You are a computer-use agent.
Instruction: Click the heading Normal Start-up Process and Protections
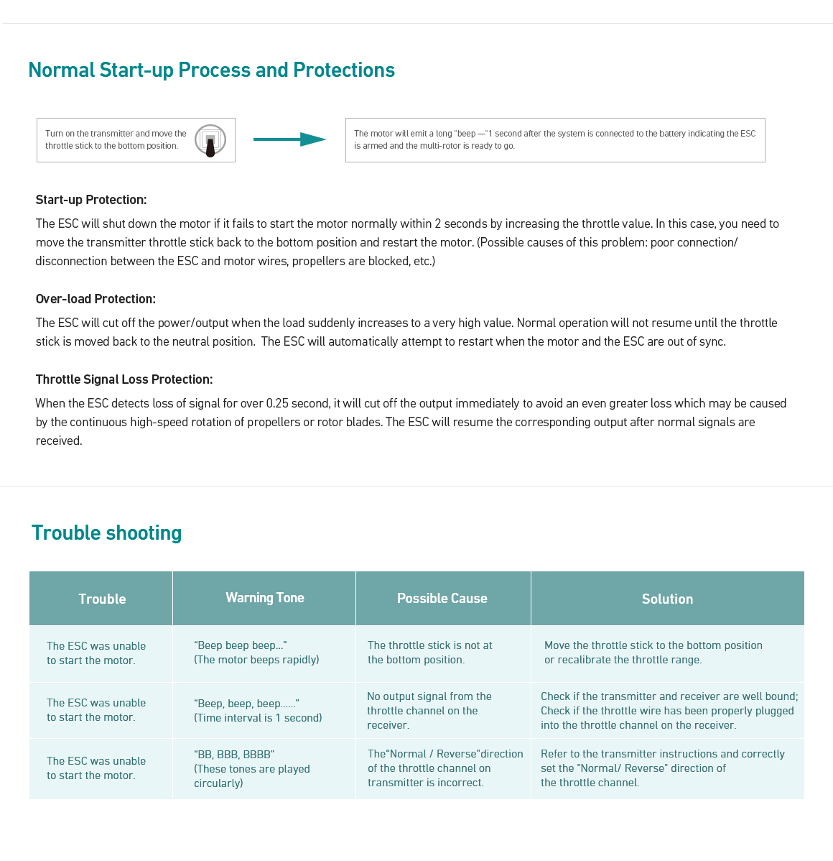click(x=211, y=70)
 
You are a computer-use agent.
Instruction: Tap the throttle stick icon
click(x=210, y=140)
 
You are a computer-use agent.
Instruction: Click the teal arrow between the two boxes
click(x=289, y=139)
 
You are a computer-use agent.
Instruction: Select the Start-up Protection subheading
click(x=91, y=200)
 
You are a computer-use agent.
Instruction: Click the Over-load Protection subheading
click(x=96, y=299)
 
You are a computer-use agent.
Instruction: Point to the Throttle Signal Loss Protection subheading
click(x=124, y=379)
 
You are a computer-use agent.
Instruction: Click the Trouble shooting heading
click(x=106, y=533)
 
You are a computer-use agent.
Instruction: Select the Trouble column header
click(x=102, y=599)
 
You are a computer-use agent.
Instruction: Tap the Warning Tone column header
click(x=264, y=598)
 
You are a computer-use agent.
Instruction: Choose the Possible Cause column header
click(x=442, y=599)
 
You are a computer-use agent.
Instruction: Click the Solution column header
click(x=667, y=599)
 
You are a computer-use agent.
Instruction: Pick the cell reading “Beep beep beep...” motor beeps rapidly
click(x=256, y=653)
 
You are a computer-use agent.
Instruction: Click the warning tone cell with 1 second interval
click(x=258, y=710)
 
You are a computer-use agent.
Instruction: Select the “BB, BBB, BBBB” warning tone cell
click(x=252, y=768)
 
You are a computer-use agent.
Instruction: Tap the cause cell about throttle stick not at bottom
click(x=429, y=653)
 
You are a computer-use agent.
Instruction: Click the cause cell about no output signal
click(x=429, y=710)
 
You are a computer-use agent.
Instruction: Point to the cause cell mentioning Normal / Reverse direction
click(x=445, y=768)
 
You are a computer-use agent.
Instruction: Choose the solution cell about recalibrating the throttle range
click(x=653, y=653)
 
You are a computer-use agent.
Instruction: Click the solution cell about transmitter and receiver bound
click(x=669, y=710)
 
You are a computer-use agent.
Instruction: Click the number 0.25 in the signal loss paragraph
click(x=277, y=403)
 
